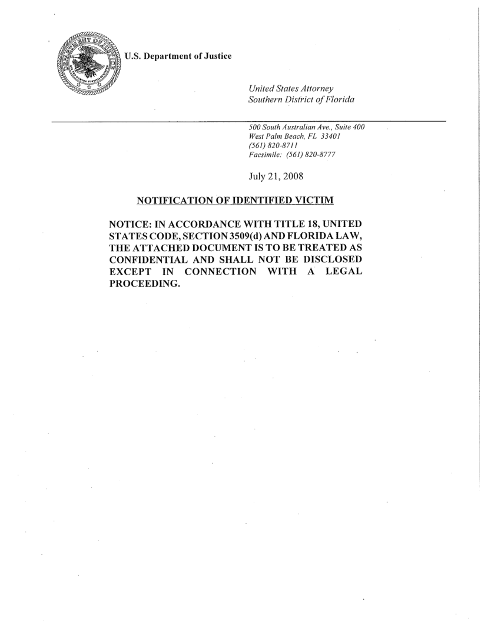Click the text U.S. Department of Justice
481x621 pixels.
click(179, 56)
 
